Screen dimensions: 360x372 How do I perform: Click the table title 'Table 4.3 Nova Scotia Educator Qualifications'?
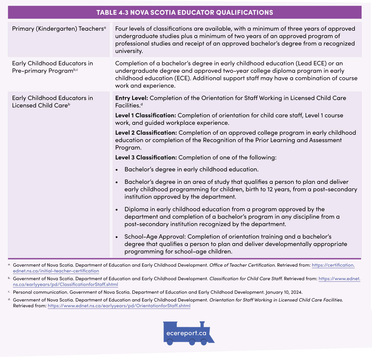tap(185, 13)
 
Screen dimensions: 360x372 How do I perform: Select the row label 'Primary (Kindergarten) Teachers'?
tap(59, 28)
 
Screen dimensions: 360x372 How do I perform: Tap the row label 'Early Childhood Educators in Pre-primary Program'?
tap(52, 67)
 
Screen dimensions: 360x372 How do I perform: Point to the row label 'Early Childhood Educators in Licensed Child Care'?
tap(52, 102)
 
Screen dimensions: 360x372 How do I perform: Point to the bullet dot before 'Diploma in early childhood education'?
tap(117, 210)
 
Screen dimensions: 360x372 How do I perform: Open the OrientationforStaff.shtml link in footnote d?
tap(119, 306)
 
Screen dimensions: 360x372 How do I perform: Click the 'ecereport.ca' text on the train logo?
tap(187, 333)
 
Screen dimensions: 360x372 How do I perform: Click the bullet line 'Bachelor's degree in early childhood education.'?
tap(191, 169)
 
